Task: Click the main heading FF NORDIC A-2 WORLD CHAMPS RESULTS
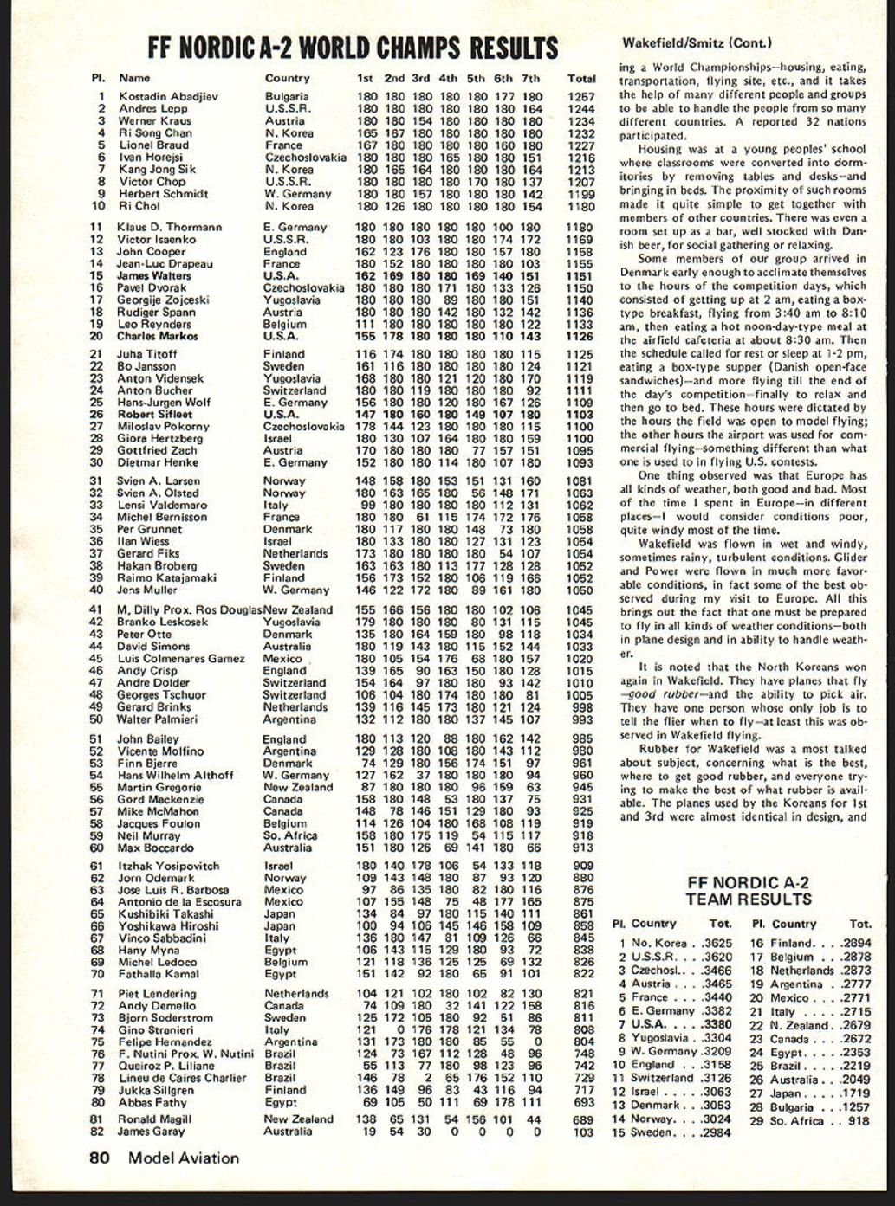(353, 47)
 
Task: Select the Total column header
(581, 79)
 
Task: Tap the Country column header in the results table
(287, 79)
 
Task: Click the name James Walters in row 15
(154, 276)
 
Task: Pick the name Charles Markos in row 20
(157, 337)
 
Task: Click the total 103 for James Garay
(584, 1132)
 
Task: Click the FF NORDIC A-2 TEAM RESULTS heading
(748, 891)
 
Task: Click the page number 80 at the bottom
(100, 1158)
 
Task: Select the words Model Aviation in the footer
(184, 1158)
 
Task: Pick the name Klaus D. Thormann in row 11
(170, 228)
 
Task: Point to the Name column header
(134, 79)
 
